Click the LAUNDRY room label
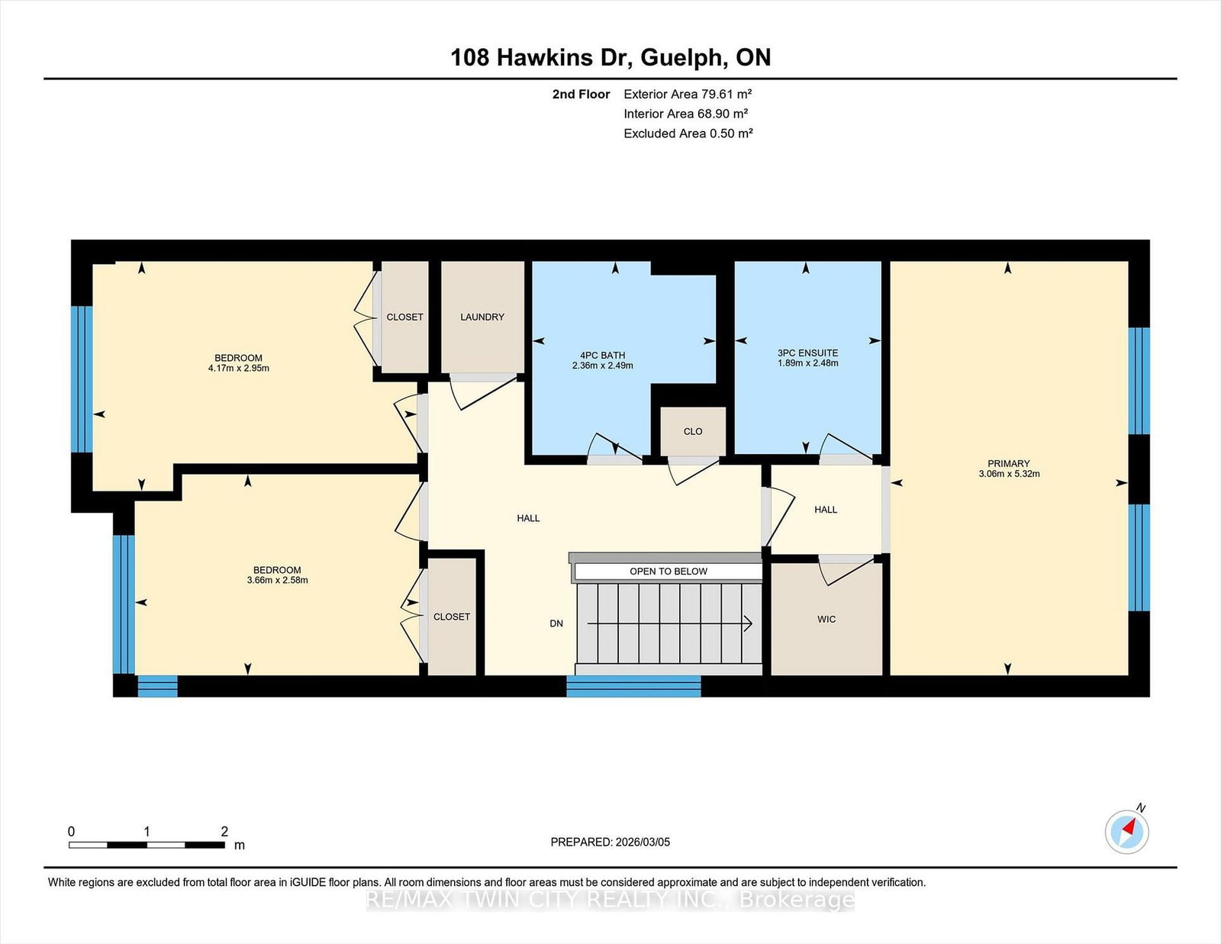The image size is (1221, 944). pyautogui.click(x=482, y=317)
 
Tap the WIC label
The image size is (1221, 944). pyautogui.click(x=826, y=619)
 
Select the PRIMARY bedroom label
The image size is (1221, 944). pyautogui.click(x=1009, y=463)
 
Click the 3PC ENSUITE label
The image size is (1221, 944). pyautogui.click(x=807, y=353)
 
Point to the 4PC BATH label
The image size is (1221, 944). pyautogui.click(x=602, y=355)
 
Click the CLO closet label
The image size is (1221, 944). pyautogui.click(x=693, y=431)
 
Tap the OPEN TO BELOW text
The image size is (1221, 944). pyautogui.click(x=668, y=572)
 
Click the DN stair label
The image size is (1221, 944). pyautogui.click(x=556, y=623)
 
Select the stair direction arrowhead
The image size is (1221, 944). pyautogui.click(x=749, y=623)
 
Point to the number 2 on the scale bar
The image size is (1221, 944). pyautogui.click(x=224, y=831)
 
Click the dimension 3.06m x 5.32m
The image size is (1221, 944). pyautogui.click(x=1009, y=474)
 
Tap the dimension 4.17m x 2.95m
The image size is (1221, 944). pyautogui.click(x=239, y=368)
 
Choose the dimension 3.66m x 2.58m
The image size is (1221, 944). pyautogui.click(x=278, y=580)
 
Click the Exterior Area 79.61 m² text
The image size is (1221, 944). pyautogui.click(x=688, y=94)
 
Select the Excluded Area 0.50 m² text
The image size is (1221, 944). pyautogui.click(x=688, y=134)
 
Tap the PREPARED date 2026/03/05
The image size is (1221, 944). pyautogui.click(x=643, y=842)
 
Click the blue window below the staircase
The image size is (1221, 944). pyautogui.click(x=633, y=686)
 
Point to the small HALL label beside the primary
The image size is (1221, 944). pyautogui.click(x=826, y=510)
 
